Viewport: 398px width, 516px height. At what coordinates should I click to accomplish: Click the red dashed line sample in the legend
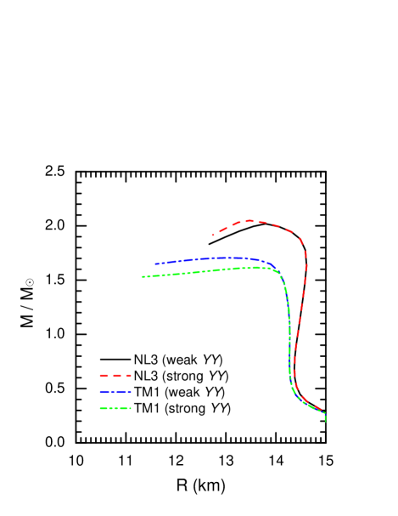(x=115, y=375)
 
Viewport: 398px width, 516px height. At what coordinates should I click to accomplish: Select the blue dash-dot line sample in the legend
(x=115, y=392)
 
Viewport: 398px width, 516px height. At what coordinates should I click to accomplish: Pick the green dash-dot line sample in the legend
(x=115, y=409)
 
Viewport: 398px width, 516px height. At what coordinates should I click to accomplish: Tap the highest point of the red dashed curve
(x=249, y=221)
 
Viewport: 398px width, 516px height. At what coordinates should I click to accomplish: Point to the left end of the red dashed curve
(x=212, y=235)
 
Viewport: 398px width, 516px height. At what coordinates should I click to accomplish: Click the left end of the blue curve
(x=155, y=264)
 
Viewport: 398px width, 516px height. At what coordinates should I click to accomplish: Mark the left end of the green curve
(x=143, y=276)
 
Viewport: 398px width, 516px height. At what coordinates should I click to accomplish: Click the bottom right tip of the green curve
(x=325, y=420)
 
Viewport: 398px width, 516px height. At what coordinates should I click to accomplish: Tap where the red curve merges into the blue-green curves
(x=296, y=391)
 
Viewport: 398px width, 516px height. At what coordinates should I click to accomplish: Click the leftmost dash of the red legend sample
(x=104, y=375)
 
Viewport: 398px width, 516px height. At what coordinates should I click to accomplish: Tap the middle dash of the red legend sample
(x=116, y=375)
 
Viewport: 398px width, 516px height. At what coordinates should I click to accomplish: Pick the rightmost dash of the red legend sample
(x=128, y=375)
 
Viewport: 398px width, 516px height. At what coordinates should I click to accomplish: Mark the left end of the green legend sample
(x=100, y=409)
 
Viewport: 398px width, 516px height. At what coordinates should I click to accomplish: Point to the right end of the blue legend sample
(x=131, y=392)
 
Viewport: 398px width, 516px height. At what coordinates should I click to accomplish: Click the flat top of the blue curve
(x=225, y=258)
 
